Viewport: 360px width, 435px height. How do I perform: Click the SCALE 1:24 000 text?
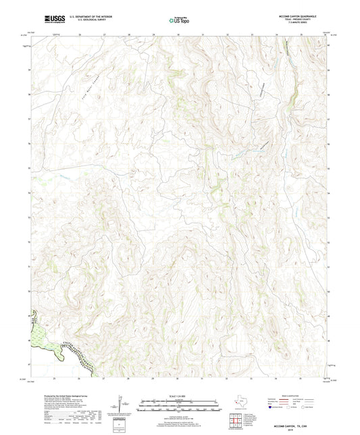click(180, 396)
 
